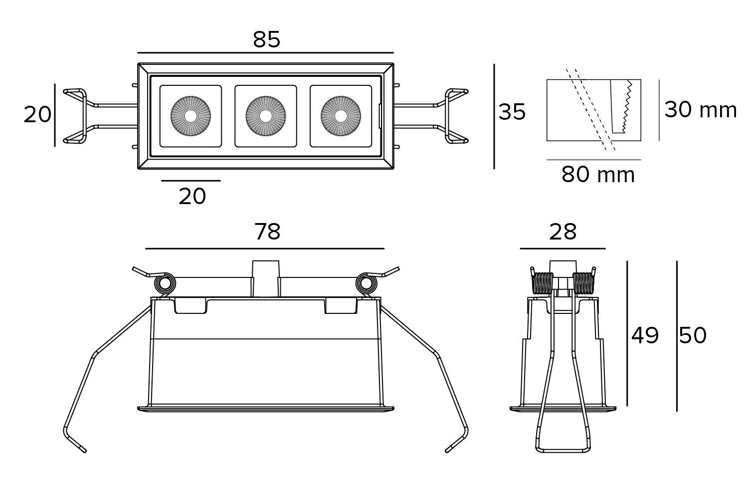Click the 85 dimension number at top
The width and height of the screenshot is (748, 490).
[267, 39]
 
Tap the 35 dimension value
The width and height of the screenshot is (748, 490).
[512, 112]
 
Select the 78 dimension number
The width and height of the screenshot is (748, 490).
[267, 232]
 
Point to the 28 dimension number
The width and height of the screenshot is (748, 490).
[562, 232]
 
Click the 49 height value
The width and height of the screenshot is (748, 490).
[645, 335]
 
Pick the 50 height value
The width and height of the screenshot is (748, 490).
[693, 335]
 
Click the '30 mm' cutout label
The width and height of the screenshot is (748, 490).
[700, 110]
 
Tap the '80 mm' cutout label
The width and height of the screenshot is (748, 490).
[598, 175]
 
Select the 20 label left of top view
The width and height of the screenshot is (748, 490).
[37, 115]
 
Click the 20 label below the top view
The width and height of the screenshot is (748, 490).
[192, 197]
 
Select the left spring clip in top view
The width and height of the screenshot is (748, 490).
[80, 116]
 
